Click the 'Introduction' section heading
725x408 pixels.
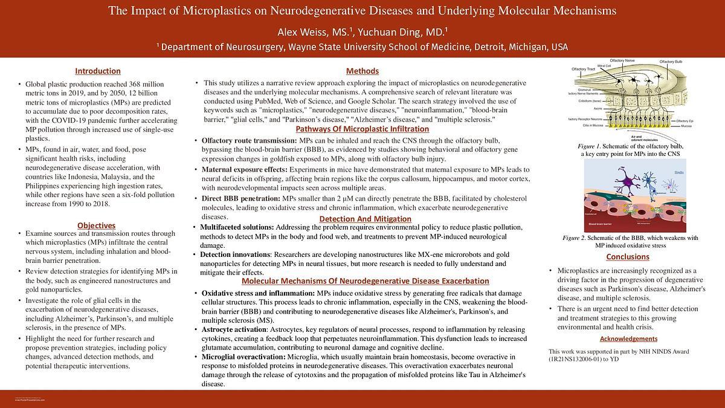click(97, 71)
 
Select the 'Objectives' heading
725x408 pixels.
click(96, 225)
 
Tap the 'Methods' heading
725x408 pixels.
click(362, 71)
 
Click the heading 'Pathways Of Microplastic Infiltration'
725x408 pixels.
click(362, 129)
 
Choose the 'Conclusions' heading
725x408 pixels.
click(628, 257)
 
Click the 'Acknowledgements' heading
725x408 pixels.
click(628, 338)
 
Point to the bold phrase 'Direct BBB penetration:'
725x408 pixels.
click(241, 198)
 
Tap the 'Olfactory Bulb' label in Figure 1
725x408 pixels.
click(671, 62)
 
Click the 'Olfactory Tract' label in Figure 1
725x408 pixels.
click(583, 70)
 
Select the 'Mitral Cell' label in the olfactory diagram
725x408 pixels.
click(604, 65)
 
